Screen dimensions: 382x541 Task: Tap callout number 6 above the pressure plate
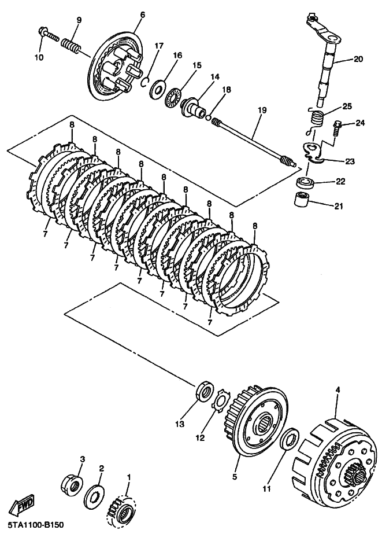click(x=143, y=15)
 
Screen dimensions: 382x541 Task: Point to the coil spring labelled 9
click(x=71, y=46)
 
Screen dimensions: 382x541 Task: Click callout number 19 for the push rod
click(x=262, y=111)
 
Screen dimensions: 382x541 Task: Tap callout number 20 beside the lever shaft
click(x=358, y=59)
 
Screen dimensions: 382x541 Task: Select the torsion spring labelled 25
click(x=315, y=121)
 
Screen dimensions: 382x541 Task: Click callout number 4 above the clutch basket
click(x=338, y=389)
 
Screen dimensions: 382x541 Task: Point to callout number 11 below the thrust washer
click(x=267, y=488)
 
